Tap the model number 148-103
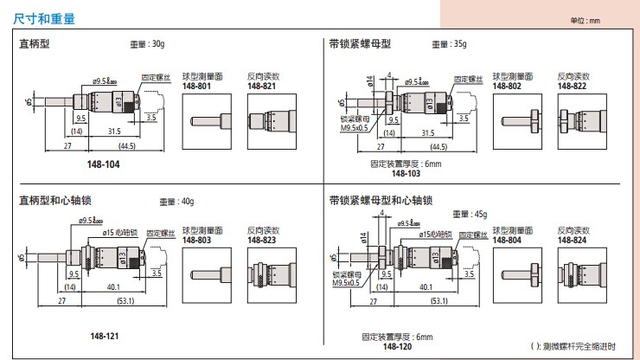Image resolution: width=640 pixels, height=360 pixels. (x=405, y=173)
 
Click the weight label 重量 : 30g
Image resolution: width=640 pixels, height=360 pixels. (x=147, y=42)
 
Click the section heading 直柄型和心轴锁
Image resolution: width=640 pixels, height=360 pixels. (x=55, y=201)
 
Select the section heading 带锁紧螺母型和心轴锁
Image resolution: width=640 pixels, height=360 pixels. (x=381, y=201)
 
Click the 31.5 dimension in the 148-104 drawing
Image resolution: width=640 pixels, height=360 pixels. (x=112, y=132)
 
